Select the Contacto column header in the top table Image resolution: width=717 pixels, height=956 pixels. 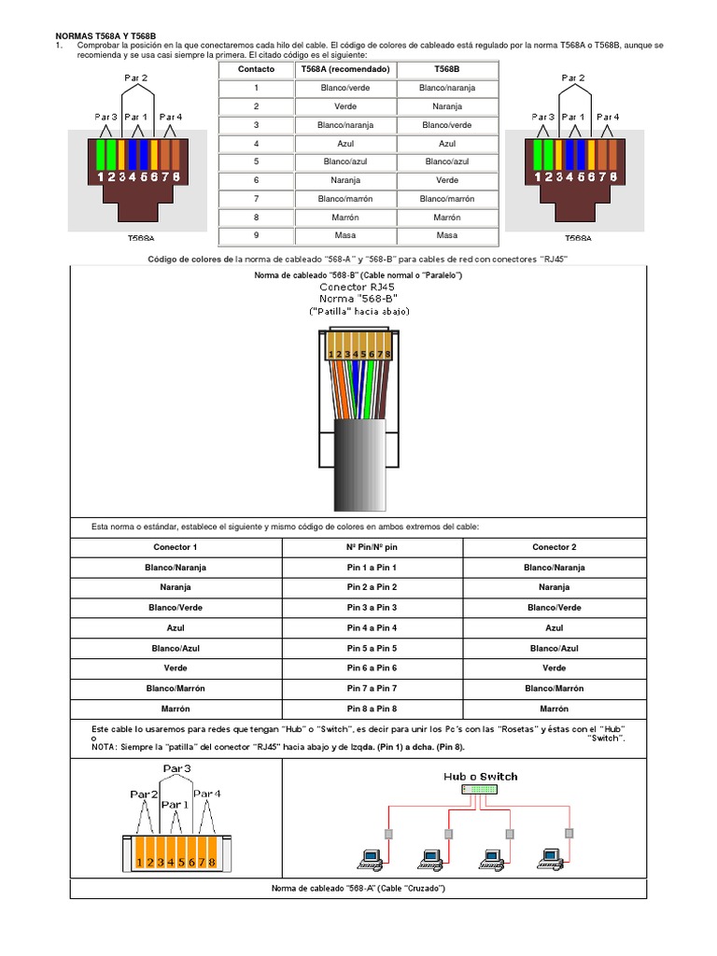click(x=256, y=69)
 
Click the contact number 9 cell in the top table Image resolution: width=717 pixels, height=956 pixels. click(x=256, y=235)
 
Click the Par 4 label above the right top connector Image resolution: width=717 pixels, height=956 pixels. click(x=608, y=117)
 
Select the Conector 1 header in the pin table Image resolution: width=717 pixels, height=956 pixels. click(x=176, y=547)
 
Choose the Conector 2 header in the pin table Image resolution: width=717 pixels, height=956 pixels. click(x=554, y=547)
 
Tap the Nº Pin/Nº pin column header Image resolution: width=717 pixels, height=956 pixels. click(x=372, y=547)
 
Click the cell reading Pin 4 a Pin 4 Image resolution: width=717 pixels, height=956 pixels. click(x=372, y=628)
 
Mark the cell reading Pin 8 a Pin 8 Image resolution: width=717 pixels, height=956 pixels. click(x=372, y=709)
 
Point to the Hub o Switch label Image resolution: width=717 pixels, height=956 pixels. click(x=480, y=776)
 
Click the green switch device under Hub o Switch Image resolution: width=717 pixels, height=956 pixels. click(x=480, y=790)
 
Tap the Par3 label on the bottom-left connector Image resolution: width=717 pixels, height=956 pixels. click(x=177, y=769)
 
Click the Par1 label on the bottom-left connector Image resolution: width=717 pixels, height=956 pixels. click(x=174, y=804)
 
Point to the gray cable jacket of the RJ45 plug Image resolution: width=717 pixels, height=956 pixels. click(x=358, y=448)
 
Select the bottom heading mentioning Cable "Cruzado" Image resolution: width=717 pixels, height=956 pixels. click(x=358, y=888)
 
